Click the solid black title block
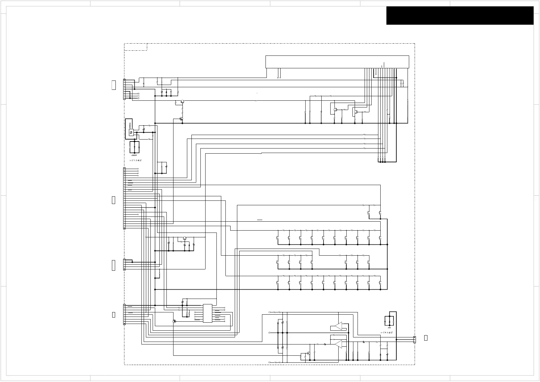pyautogui.click(x=460, y=15)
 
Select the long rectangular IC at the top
pyautogui.click(x=337, y=62)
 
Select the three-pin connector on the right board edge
pyautogui.click(x=414, y=339)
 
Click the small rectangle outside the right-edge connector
pyautogui.click(x=426, y=338)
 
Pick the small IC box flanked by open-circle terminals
pyautogui.click(x=207, y=313)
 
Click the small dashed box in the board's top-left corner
pyautogui.click(x=136, y=47)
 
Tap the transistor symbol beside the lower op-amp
pyautogui.click(x=308, y=353)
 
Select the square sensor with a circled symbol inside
pyautogui.click(x=131, y=132)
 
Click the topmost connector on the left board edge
pyautogui.click(x=124, y=89)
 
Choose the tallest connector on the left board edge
pyautogui.click(x=124, y=198)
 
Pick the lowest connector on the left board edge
pyautogui.click(x=124, y=315)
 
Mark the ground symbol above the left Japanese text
pyautogui.click(x=134, y=155)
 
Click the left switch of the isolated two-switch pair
pyautogui.click(x=369, y=212)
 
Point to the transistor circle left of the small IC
pyautogui.click(x=174, y=321)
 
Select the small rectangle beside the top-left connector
pyautogui.click(x=114, y=85)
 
